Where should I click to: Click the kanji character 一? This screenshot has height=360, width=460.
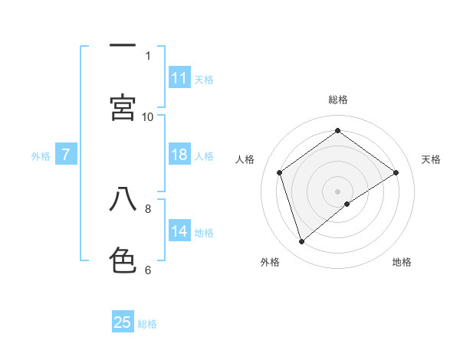pos(123,47)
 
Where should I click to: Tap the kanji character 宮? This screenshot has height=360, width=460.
pos(123,107)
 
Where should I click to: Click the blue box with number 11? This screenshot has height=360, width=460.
pos(179,78)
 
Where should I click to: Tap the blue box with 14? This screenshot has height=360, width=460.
pos(179,231)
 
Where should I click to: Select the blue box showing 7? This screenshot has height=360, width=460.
pos(67,155)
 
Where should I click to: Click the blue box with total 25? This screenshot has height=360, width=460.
pos(123,322)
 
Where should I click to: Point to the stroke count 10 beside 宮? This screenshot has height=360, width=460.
pos(148,116)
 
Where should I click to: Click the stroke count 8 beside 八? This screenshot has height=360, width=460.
pos(148,208)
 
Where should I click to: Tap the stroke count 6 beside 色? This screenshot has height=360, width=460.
pos(148,269)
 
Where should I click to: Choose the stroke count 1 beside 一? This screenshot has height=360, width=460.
pos(148,55)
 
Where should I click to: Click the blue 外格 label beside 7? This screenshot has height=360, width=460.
pos(41,156)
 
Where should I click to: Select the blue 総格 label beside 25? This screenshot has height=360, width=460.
pos(147,324)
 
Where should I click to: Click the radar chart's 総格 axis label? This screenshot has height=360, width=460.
pos(338,100)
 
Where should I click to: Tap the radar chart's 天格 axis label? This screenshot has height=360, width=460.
pos(432,159)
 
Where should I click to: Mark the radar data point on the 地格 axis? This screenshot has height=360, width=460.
pos(347,204)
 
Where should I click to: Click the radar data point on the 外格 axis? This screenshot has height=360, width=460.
pos(302,242)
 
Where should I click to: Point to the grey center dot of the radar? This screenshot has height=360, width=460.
pos(338,191)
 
